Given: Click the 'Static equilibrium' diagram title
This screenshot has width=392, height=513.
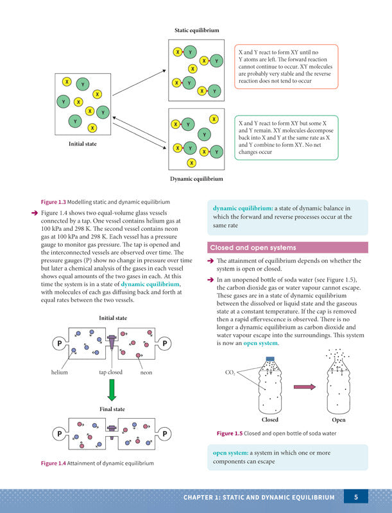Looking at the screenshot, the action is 197,30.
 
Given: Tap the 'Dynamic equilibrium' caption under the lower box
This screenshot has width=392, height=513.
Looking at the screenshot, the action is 196,179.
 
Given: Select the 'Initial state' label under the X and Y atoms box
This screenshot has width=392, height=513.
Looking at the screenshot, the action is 83,144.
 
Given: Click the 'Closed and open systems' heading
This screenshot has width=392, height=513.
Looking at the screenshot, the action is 253,248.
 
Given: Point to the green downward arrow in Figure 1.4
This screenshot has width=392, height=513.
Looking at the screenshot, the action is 112,390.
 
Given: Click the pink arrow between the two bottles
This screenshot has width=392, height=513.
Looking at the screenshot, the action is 305,387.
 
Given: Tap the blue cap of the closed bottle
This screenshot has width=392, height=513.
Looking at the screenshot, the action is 270,358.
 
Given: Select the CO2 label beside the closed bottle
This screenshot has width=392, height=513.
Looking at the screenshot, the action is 230,373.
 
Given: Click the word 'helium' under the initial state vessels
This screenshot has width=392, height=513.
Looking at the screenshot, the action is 59,373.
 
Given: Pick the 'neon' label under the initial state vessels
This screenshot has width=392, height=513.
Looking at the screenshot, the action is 146,373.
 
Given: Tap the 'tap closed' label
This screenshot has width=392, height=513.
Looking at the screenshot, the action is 110,373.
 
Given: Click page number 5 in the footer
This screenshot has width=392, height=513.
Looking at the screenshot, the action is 356,498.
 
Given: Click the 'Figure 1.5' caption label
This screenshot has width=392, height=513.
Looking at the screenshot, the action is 230,433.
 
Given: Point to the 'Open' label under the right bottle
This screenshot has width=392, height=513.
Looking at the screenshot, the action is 338,420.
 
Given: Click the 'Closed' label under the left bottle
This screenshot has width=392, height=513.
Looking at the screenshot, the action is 270,420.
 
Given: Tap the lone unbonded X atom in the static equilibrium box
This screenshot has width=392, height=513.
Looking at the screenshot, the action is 192,69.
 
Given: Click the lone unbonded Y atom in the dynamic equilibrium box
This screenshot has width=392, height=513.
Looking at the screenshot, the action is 204,134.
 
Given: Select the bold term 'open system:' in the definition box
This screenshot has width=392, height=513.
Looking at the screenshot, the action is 230,453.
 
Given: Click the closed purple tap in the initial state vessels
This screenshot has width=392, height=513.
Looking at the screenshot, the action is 112,342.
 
